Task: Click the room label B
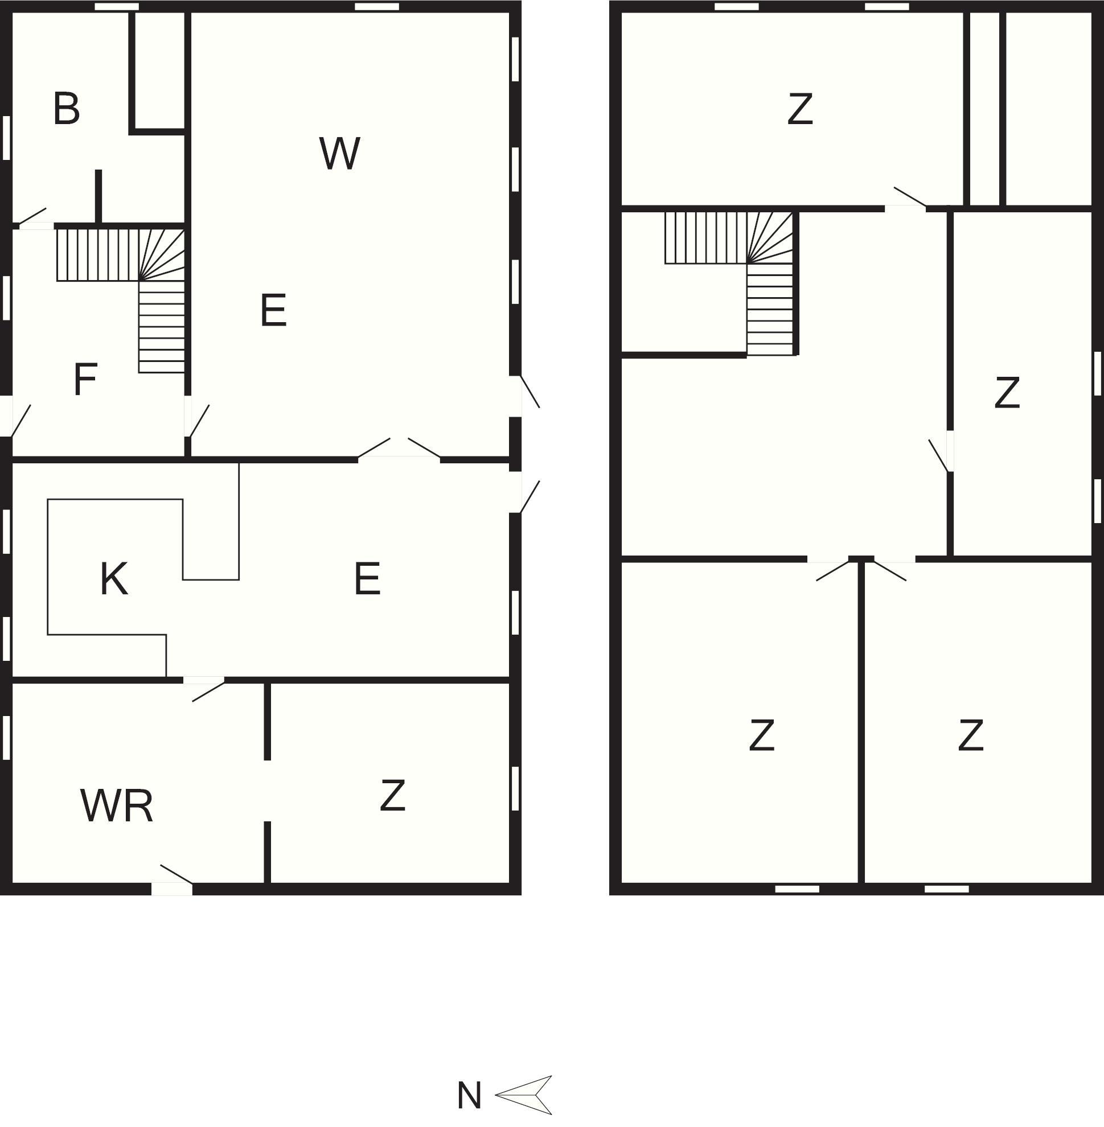click(x=66, y=108)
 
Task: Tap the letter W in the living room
click(x=340, y=153)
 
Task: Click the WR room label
click(x=117, y=805)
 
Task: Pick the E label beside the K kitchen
click(x=367, y=578)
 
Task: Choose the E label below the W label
click(x=273, y=310)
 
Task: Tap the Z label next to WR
click(x=392, y=795)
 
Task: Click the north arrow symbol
click(x=524, y=1095)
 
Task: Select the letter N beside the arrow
click(x=469, y=1096)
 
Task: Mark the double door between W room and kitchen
click(x=399, y=449)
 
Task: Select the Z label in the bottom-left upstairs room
click(x=762, y=735)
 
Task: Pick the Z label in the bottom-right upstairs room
click(x=971, y=735)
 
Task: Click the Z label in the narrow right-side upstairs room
click(x=1007, y=393)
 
